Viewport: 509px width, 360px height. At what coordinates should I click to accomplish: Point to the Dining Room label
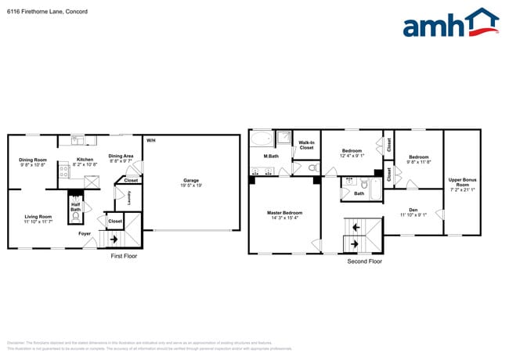point(33,160)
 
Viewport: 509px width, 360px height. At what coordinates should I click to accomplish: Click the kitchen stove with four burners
point(64,173)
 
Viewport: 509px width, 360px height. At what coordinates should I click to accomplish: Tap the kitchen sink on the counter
point(78,140)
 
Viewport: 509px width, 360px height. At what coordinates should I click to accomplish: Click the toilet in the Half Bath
point(76,199)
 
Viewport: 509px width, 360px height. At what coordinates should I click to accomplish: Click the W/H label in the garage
point(150,140)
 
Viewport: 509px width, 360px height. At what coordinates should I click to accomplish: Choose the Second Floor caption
point(365,261)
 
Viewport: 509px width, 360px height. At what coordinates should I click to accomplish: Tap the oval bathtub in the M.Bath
point(262,140)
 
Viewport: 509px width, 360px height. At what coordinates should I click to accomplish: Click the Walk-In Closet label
point(306,145)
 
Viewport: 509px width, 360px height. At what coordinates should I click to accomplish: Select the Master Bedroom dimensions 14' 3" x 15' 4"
point(284,218)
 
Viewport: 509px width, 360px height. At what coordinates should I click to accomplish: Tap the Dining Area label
point(121,156)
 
